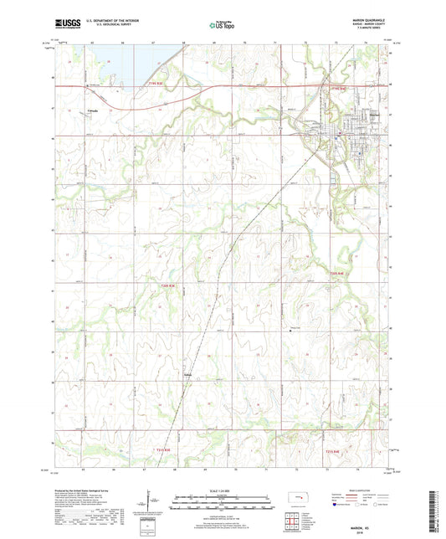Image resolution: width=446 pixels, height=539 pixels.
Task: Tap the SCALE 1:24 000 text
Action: pos(223,490)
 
